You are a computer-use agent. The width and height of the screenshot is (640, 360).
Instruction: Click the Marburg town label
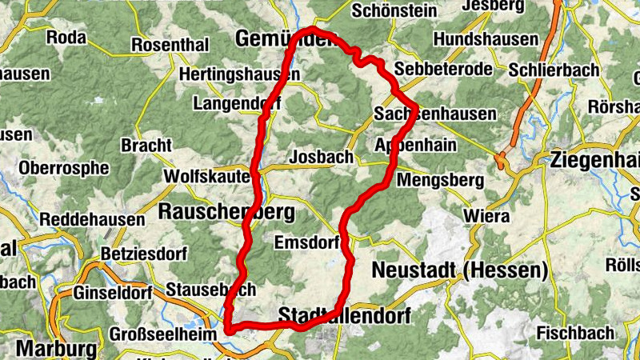click(x=55, y=349)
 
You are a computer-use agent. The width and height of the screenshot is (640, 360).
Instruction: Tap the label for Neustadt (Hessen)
click(x=460, y=269)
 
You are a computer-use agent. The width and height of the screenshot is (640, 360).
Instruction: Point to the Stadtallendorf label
click(x=344, y=316)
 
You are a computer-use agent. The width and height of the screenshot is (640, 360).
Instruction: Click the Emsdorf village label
click(x=307, y=242)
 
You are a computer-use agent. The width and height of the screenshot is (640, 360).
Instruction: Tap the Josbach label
click(x=321, y=157)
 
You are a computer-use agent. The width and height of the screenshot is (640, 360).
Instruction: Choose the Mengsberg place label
click(x=440, y=180)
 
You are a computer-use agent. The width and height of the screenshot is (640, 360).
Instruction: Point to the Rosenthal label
click(x=169, y=45)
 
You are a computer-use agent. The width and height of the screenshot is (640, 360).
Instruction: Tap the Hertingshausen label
click(x=240, y=74)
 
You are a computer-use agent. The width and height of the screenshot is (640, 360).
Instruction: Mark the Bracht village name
click(x=146, y=146)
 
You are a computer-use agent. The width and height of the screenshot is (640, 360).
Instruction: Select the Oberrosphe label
click(x=63, y=168)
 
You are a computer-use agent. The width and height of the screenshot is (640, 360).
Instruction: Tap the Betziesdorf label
click(x=143, y=254)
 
